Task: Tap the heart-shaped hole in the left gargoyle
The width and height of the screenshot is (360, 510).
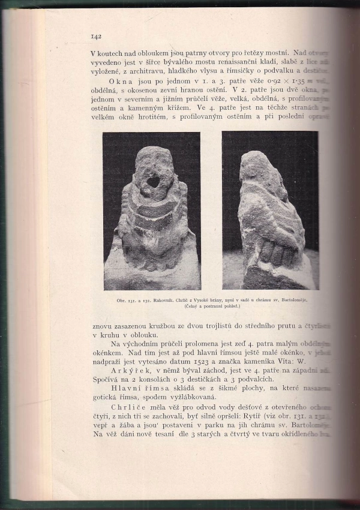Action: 154,180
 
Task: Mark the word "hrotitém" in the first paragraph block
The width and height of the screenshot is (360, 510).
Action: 160,117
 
